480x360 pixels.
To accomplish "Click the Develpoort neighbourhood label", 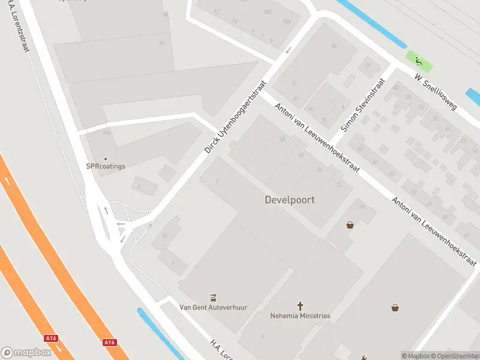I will (289, 200).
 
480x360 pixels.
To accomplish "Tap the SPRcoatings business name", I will (106, 166).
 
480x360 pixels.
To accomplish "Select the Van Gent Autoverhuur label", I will (214, 307).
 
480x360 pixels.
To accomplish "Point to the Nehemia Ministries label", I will (300, 316).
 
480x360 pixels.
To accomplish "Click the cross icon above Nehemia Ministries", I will (301, 305).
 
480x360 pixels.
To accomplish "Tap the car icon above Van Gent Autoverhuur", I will (213, 297).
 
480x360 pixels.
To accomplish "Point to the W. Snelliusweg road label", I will (436, 92).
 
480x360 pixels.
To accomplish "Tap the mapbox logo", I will (26, 352).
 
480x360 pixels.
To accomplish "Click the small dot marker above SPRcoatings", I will (106, 159).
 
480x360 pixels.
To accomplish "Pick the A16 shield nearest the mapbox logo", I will (51, 338).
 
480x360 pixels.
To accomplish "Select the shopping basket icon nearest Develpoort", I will (350, 225).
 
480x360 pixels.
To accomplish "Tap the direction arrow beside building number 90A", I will (289, 50).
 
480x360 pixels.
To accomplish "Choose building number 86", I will (334, 46).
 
